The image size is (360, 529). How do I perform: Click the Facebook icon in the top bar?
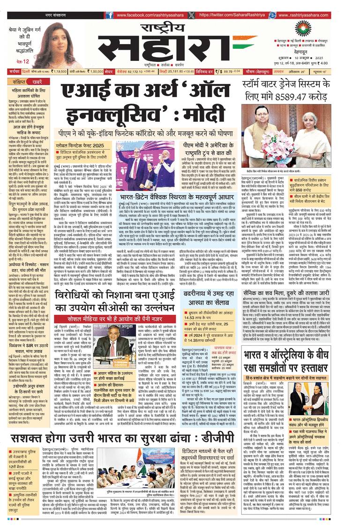click(109, 15)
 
